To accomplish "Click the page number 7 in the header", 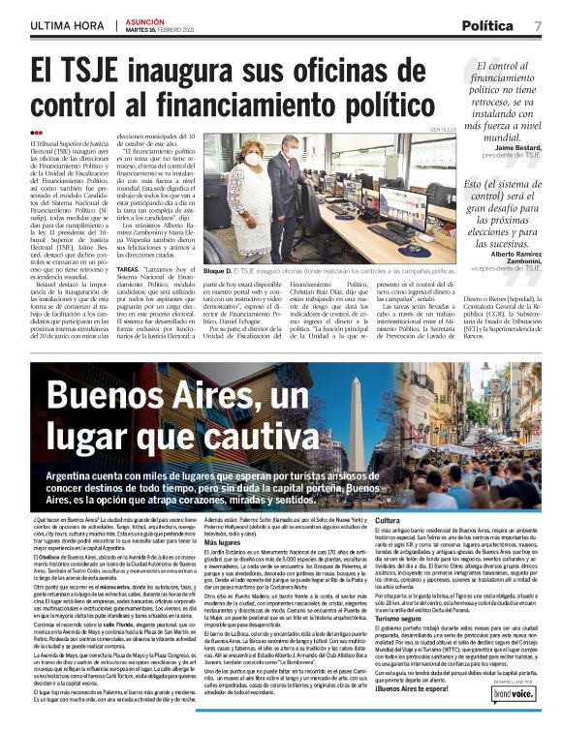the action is coord(538,25).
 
